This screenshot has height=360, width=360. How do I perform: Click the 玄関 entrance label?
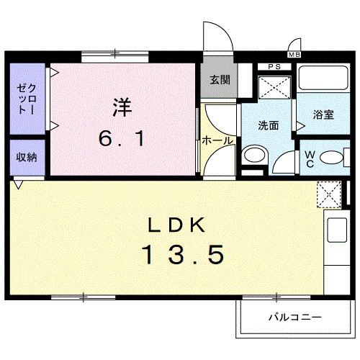coord(220,80)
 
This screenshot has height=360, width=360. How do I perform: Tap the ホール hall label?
coord(217,140)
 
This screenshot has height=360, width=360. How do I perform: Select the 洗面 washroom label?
coord(269,125)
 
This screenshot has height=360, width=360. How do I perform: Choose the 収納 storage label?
coord(27,156)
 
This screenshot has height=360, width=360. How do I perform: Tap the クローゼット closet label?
coord(26,99)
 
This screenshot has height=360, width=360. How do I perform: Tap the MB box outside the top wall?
coord(294,55)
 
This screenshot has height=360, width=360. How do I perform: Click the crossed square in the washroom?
coord(274,87)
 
